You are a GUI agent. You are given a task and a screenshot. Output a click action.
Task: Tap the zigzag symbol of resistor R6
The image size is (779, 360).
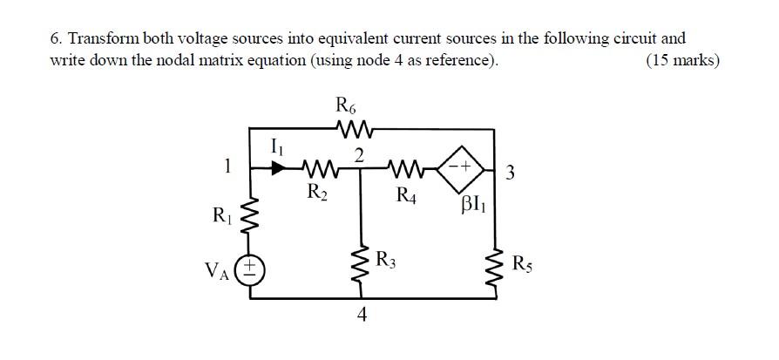pyautogui.click(x=353, y=132)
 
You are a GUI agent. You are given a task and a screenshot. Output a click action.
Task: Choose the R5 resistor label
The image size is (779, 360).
pyautogui.click(x=524, y=263)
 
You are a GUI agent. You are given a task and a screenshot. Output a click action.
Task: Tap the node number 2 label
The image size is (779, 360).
pyautogui.click(x=358, y=153)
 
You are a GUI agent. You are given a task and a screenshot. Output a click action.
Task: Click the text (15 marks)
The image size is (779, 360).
pyautogui.click(x=682, y=60)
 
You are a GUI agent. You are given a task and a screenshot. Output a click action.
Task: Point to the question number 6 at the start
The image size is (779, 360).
pyautogui.click(x=56, y=38)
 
